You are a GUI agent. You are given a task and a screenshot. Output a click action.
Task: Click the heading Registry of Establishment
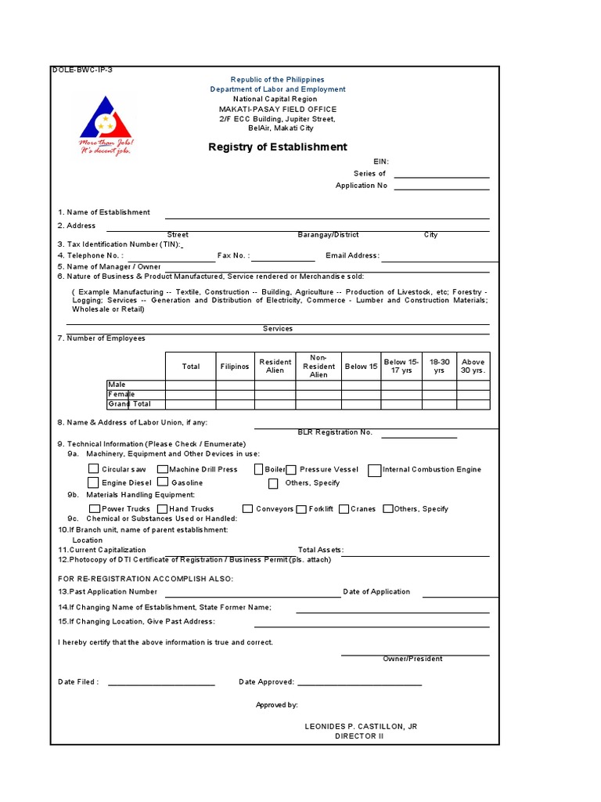click(x=277, y=147)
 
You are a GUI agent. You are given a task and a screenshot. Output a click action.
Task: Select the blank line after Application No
click(x=441, y=188)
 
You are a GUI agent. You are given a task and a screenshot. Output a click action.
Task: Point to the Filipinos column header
click(x=235, y=367)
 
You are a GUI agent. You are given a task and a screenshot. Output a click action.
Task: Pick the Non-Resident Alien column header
click(x=318, y=365)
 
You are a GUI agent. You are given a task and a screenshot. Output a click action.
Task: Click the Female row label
click(x=121, y=395)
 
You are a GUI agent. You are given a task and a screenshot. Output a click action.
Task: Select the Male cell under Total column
click(x=190, y=385)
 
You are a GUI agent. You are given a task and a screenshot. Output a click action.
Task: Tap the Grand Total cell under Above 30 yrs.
click(x=473, y=404)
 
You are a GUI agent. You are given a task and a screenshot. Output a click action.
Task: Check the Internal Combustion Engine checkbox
click(x=376, y=470)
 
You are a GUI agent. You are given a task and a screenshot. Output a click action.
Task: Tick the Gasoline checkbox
click(x=163, y=482)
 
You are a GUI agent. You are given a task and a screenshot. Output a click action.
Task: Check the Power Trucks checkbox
click(x=95, y=509)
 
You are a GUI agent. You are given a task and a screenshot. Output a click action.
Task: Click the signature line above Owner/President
click(x=415, y=655)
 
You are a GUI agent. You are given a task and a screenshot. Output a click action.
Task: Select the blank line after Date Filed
click(x=161, y=685)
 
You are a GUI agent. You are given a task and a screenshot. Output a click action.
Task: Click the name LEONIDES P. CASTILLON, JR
click(x=361, y=727)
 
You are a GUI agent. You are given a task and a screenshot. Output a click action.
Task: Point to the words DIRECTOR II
click(x=359, y=737)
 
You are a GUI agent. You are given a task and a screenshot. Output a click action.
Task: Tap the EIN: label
click(x=381, y=161)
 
